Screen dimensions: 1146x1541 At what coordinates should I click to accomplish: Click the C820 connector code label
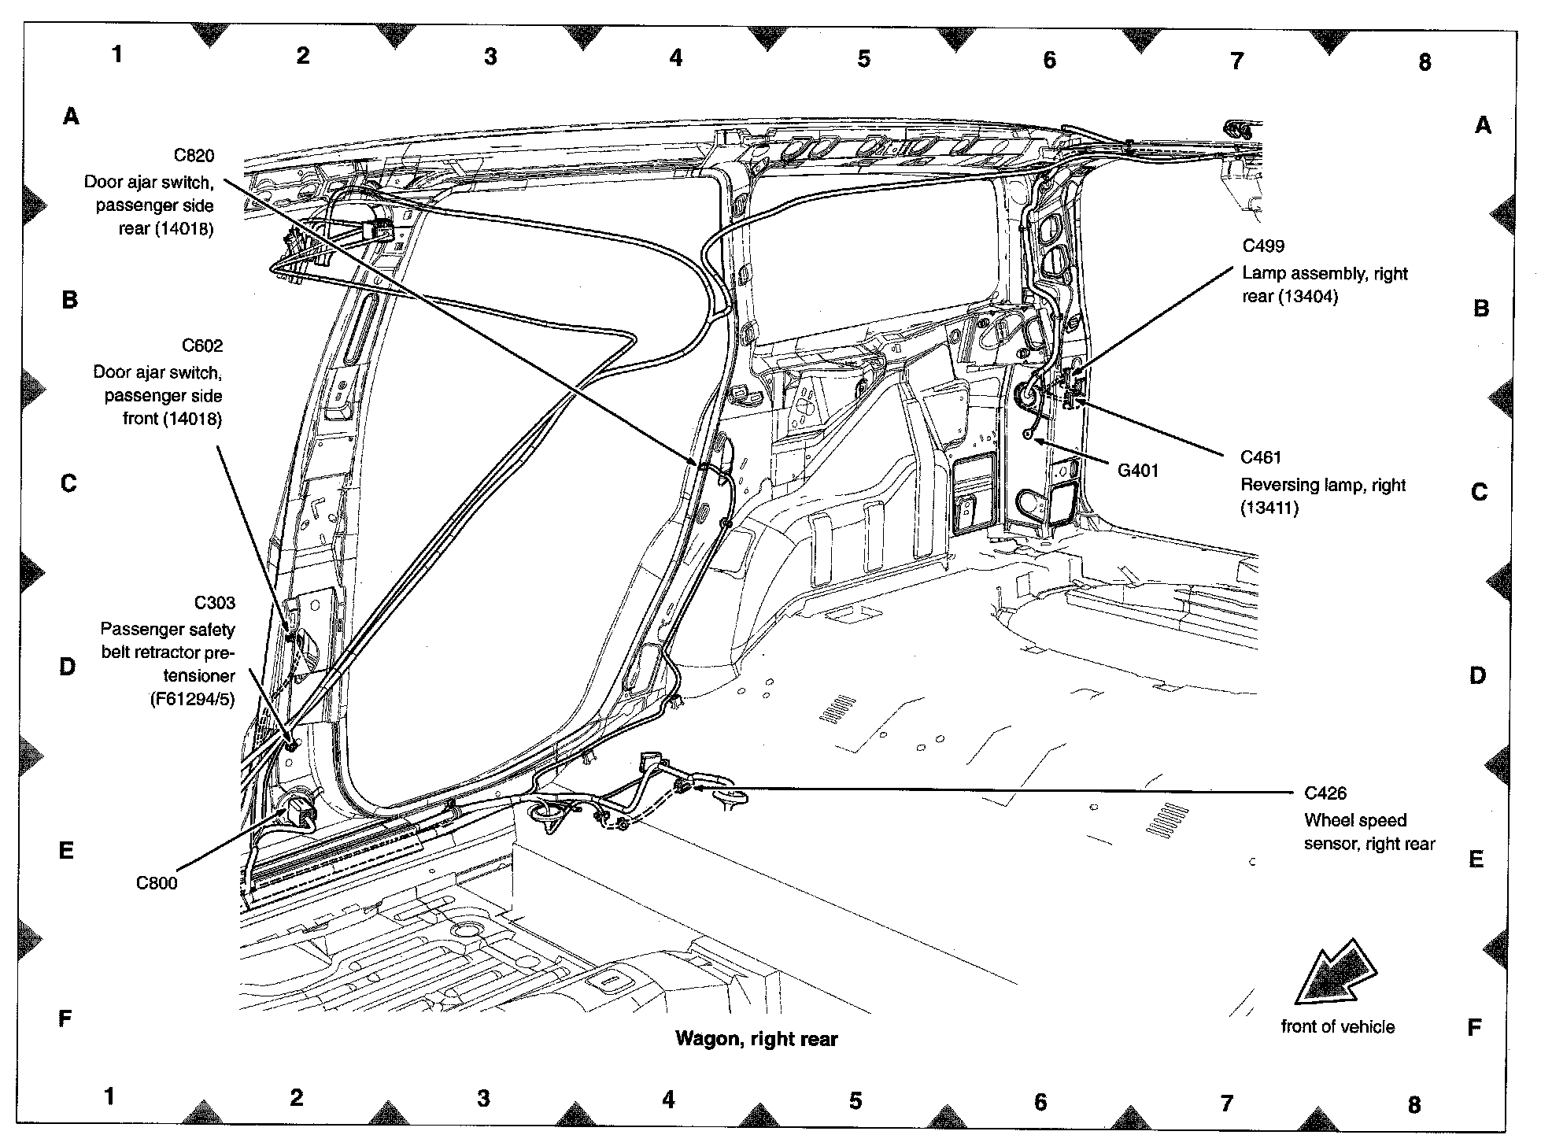pos(194,155)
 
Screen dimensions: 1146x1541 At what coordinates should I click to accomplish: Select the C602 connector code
pos(202,346)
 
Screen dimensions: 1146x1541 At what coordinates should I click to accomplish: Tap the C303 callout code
pos(214,603)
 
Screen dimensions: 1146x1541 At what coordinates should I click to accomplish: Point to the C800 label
pos(157,883)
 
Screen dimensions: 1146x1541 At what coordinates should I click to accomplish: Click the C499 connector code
pos(1263,246)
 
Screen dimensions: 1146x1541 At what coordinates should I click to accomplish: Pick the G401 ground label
pos(1137,471)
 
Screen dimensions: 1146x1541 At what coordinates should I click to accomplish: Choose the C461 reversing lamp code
pos(1261,457)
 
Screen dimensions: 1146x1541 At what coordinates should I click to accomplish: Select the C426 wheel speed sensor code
pos(1325,793)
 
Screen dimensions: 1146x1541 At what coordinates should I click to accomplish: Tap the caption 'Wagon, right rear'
pos(756,1039)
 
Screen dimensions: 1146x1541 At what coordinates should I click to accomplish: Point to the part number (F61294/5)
pos(192,698)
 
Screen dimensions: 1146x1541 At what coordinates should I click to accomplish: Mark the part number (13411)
pos(1269,508)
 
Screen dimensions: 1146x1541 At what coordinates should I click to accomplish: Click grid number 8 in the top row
pos(1424,62)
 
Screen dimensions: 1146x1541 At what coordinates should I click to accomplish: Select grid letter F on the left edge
pos(66,1018)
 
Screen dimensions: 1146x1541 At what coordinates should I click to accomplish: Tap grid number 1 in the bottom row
pos(109,1096)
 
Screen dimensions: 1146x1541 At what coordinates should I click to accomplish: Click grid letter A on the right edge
pos(1483,125)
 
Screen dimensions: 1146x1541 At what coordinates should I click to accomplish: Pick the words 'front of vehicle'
pos(1337,1026)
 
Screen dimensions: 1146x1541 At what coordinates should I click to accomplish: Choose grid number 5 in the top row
pos(863,59)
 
